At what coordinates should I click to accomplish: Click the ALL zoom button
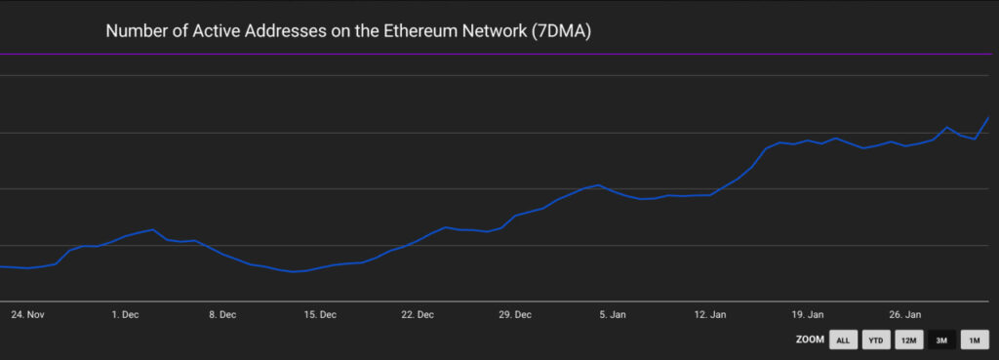[x=843, y=340]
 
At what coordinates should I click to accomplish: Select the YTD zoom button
[x=875, y=340]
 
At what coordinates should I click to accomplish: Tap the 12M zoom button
[x=908, y=340]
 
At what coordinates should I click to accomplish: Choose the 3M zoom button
[x=940, y=340]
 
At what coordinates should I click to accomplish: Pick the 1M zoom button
[x=974, y=340]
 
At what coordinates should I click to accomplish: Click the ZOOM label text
[x=809, y=340]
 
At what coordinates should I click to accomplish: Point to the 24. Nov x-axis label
[x=27, y=315]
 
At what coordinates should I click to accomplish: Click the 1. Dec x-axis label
[x=125, y=315]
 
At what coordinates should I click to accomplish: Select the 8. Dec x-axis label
[x=222, y=315]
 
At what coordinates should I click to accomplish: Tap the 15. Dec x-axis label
[x=320, y=315]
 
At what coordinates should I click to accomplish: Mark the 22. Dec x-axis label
[x=418, y=315]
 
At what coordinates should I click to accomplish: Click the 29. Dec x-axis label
[x=515, y=315]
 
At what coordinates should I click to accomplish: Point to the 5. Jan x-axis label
[x=613, y=315]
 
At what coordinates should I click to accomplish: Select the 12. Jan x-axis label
[x=710, y=315]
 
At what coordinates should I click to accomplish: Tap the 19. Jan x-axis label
[x=808, y=315]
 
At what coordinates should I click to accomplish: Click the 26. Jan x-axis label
[x=905, y=315]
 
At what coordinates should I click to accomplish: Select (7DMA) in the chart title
[x=561, y=32]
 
